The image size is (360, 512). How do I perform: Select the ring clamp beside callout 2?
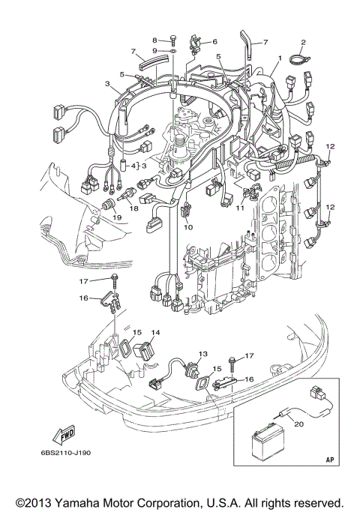pos(298,56)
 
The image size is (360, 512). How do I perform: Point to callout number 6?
pos(214,42)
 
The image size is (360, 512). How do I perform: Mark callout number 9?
pos(155,50)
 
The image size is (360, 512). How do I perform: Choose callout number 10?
pos(188,226)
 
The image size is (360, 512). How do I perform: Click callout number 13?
pos(202,354)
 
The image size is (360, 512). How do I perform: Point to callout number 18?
pos(134,211)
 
